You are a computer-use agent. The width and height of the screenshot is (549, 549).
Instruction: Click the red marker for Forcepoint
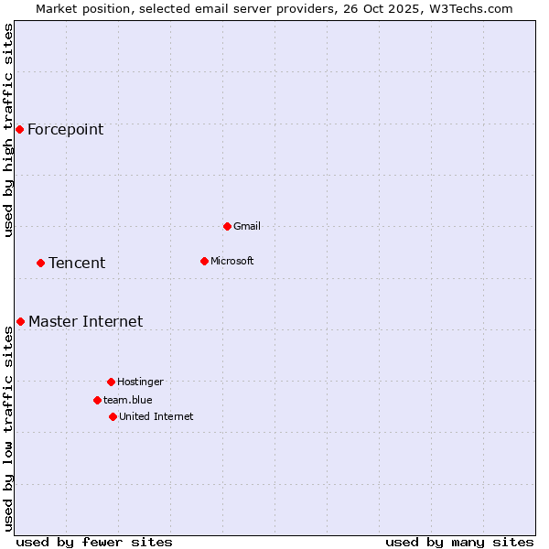point(19,129)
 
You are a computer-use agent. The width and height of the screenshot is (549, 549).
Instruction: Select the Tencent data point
point(40,263)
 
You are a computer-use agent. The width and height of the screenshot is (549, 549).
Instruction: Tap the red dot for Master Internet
point(20,321)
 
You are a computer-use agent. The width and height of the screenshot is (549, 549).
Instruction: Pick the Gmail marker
point(227,226)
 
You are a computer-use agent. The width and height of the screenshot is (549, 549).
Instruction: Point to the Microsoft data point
point(204,261)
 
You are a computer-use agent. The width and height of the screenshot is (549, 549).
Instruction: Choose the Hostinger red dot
point(111,382)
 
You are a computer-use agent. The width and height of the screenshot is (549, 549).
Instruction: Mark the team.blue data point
point(97,400)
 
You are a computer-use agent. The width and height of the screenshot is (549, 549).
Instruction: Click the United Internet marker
point(113,416)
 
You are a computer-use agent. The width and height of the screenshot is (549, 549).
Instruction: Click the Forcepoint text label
point(65,129)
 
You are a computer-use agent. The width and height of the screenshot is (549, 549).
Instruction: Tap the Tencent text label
point(77,263)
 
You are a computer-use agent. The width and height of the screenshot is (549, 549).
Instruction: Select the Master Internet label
point(85,321)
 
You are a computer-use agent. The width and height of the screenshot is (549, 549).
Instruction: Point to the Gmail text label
point(247,226)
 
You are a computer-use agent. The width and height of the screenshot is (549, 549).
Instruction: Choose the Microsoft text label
point(232,261)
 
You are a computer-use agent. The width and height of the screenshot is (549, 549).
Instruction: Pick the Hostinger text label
point(140,382)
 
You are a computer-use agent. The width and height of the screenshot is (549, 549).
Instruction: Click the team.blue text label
point(127,400)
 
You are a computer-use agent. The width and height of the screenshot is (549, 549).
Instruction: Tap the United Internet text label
point(156,416)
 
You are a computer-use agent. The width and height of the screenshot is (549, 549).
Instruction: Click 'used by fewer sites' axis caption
point(94,542)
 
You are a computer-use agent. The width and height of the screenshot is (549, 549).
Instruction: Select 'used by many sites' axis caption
point(459,542)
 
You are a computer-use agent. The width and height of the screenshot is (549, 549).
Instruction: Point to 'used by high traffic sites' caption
point(8,131)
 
